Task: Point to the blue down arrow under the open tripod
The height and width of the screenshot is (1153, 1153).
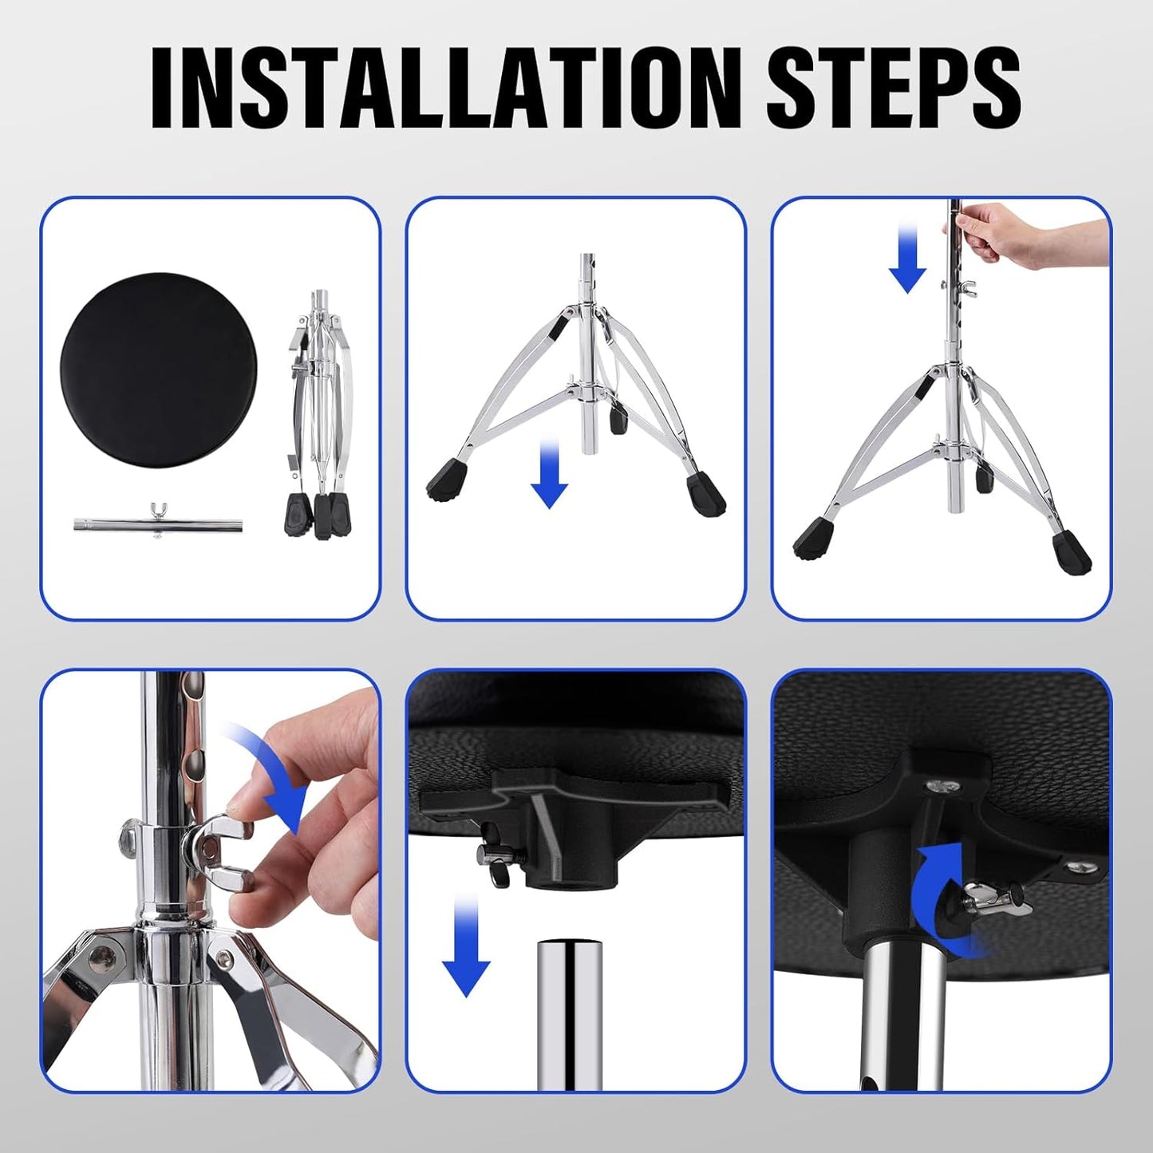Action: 549,473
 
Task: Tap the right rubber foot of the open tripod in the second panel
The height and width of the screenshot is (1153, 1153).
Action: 705,493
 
